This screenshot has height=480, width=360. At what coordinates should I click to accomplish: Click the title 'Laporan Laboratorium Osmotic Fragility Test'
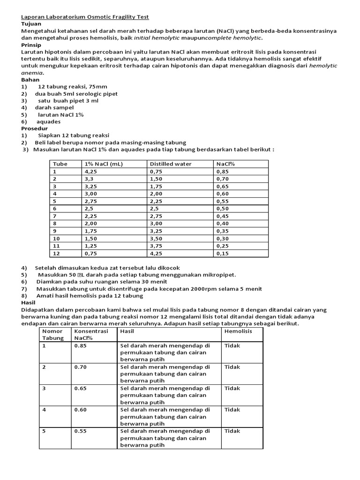[85, 16]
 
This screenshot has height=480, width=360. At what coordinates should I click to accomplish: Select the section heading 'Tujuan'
[31, 23]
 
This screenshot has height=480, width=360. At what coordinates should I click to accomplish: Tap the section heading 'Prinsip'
[31, 45]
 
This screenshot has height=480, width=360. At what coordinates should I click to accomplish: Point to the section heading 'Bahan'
[30, 80]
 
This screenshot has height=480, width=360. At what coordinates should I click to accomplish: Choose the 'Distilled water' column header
[171, 164]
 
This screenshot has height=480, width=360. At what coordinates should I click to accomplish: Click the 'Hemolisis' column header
[238, 331]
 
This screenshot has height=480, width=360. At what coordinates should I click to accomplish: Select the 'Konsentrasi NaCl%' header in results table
[91, 334]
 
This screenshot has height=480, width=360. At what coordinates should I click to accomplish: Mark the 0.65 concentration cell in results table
[81, 388]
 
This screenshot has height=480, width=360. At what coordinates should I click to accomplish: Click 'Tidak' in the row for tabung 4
[232, 410]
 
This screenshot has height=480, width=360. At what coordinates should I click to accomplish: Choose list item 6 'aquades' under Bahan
[48, 121]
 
